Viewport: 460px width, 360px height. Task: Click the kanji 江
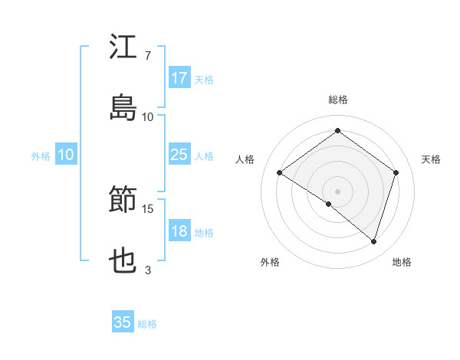click(x=123, y=47)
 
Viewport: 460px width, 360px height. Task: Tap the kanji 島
click(x=123, y=108)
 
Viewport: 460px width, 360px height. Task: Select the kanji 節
click(x=123, y=201)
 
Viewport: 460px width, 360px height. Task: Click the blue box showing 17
click(x=179, y=78)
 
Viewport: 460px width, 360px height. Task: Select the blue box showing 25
click(x=179, y=155)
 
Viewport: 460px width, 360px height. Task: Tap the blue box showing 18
click(x=179, y=232)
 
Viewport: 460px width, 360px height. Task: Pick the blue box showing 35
click(x=123, y=322)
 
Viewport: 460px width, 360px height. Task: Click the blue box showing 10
click(x=66, y=155)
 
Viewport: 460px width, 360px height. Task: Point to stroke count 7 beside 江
click(x=148, y=56)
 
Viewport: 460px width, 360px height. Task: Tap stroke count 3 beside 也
click(x=148, y=270)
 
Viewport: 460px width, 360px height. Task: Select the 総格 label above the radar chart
click(x=338, y=100)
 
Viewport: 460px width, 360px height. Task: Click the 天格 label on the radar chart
click(x=432, y=159)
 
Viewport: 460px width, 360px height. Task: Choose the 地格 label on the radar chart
click(x=402, y=262)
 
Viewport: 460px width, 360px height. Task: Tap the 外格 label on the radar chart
click(x=270, y=262)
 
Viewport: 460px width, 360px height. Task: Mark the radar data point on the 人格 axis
click(x=280, y=172)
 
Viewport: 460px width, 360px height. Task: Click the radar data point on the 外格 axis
click(x=329, y=204)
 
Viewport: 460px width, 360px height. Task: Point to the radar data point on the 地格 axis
click(x=373, y=241)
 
